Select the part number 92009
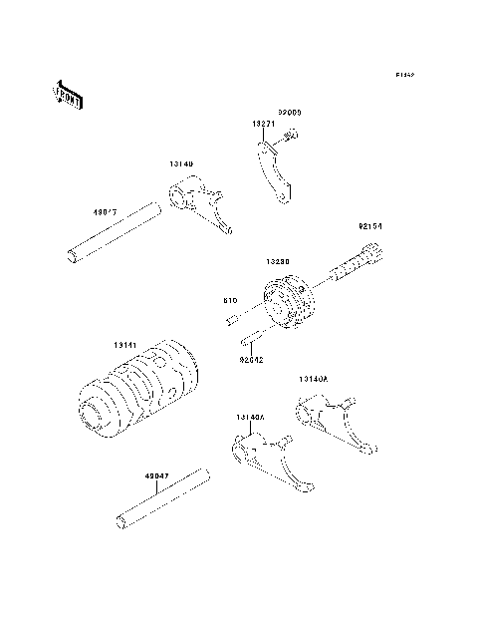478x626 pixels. click(x=290, y=113)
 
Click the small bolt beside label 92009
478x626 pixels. click(x=290, y=136)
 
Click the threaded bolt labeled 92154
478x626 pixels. click(x=353, y=267)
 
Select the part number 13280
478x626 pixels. click(x=277, y=261)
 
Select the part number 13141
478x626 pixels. click(x=125, y=344)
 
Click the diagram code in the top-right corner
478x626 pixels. click(x=403, y=75)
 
